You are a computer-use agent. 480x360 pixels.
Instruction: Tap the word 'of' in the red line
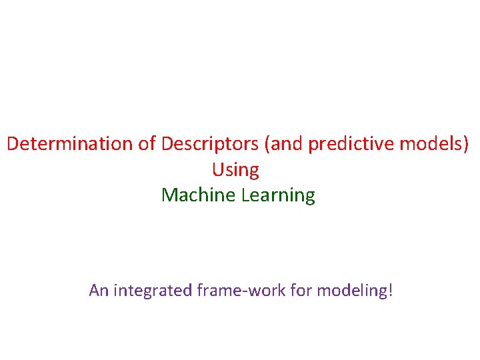pyautogui.click(x=148, y=144)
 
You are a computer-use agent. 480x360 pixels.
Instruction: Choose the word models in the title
pyautogui.click(x=434, y=144)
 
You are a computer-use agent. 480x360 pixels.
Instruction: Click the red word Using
pyautogui.click(x=235, y=170)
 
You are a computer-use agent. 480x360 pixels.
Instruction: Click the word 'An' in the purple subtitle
pyautogui.click(x=99, y=290)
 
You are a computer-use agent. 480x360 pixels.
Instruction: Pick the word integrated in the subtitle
pyautogui.click(x=153, y=290)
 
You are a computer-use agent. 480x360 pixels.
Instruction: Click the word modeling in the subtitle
pyautogui.click(x=352, y=290)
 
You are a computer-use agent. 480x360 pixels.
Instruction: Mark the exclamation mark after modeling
pyautogui.click(x=391, y=290)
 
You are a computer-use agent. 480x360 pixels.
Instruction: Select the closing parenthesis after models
pyautogui.click(x=465, y=144)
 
